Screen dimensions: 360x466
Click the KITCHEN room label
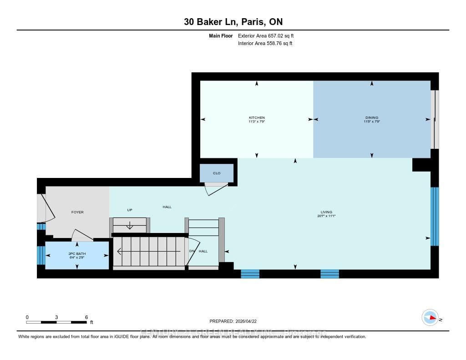tap(257, 117)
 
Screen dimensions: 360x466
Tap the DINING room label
tap(372, 117)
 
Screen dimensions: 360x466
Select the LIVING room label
tap(326, 212)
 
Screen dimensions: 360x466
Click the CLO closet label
tap(217, 173)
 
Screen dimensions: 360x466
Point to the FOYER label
tap(77, 212)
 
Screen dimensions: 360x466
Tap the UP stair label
tap(130, 210)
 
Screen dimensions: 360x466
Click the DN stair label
tap(192, 251)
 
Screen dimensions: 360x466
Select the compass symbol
tap(430, 318)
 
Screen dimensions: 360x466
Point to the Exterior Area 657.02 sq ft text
tap(269, 35)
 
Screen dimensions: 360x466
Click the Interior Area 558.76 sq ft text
tap(265, 44)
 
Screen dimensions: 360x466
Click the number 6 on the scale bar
tap(86, 317)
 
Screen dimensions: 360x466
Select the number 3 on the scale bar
tap(56, 317)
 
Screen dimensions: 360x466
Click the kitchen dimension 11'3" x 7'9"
tap(257, 122)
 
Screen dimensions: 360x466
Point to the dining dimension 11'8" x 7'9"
tap(372, 122)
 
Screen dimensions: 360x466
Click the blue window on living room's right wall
tap(435, 216)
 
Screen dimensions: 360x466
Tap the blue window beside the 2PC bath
tap(41, 255)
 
